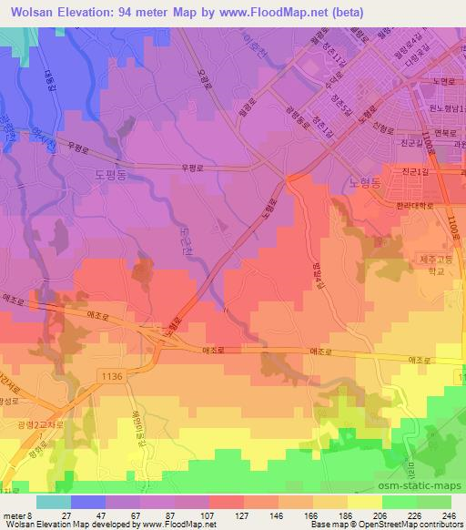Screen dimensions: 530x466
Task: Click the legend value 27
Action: coord(66,517)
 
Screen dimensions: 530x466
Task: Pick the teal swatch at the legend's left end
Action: coord(53,502)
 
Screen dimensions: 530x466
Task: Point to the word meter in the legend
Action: coord(16,517)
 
